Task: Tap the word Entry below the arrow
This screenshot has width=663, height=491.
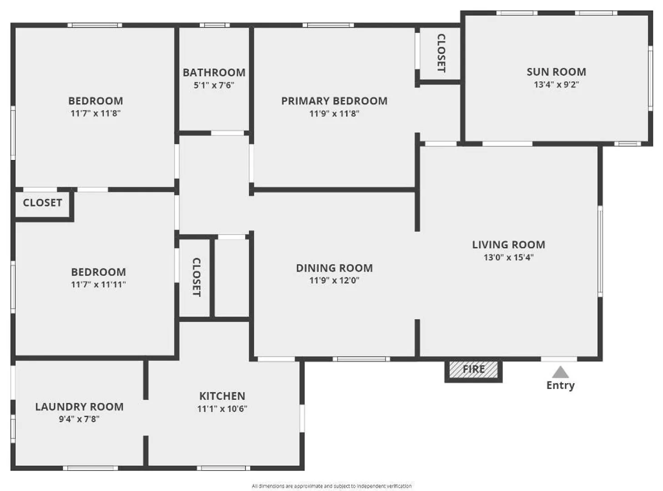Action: click(x=561, y=386)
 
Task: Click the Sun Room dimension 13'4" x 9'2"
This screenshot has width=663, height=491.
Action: click(x=556, y=85)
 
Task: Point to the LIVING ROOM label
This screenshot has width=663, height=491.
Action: click(x=508, y=245)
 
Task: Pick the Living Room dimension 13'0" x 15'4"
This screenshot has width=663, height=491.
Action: click(x=508, y=257)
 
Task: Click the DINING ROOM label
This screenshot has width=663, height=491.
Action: click(x=334, y=268)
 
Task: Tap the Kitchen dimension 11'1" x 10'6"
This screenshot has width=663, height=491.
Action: click(x=222, y=409)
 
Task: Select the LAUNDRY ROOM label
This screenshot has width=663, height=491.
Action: click(x=79, y=407)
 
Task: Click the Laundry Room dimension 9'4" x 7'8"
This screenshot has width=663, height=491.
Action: click(x=79, y=419)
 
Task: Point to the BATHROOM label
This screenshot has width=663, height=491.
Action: click(x=214, y=73)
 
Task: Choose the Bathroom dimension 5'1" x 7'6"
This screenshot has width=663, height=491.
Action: click(x=214, y=85)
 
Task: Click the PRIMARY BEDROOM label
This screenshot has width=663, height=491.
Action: click(x=334, y=101)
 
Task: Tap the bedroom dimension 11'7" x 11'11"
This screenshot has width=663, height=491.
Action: click(x=98, y=285)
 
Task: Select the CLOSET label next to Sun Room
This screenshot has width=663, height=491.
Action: click(x=441, y=53)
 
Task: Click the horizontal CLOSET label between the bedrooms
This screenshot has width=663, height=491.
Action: click(x=42, y=203)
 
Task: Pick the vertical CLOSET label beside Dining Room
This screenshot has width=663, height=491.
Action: click(x=196, y=277)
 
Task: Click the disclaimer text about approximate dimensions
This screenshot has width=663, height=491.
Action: click(x=331, y=486)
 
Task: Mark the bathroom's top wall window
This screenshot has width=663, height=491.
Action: click(x=215, y=25)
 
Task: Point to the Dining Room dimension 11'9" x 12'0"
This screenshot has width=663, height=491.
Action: click(x=334, y=281)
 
